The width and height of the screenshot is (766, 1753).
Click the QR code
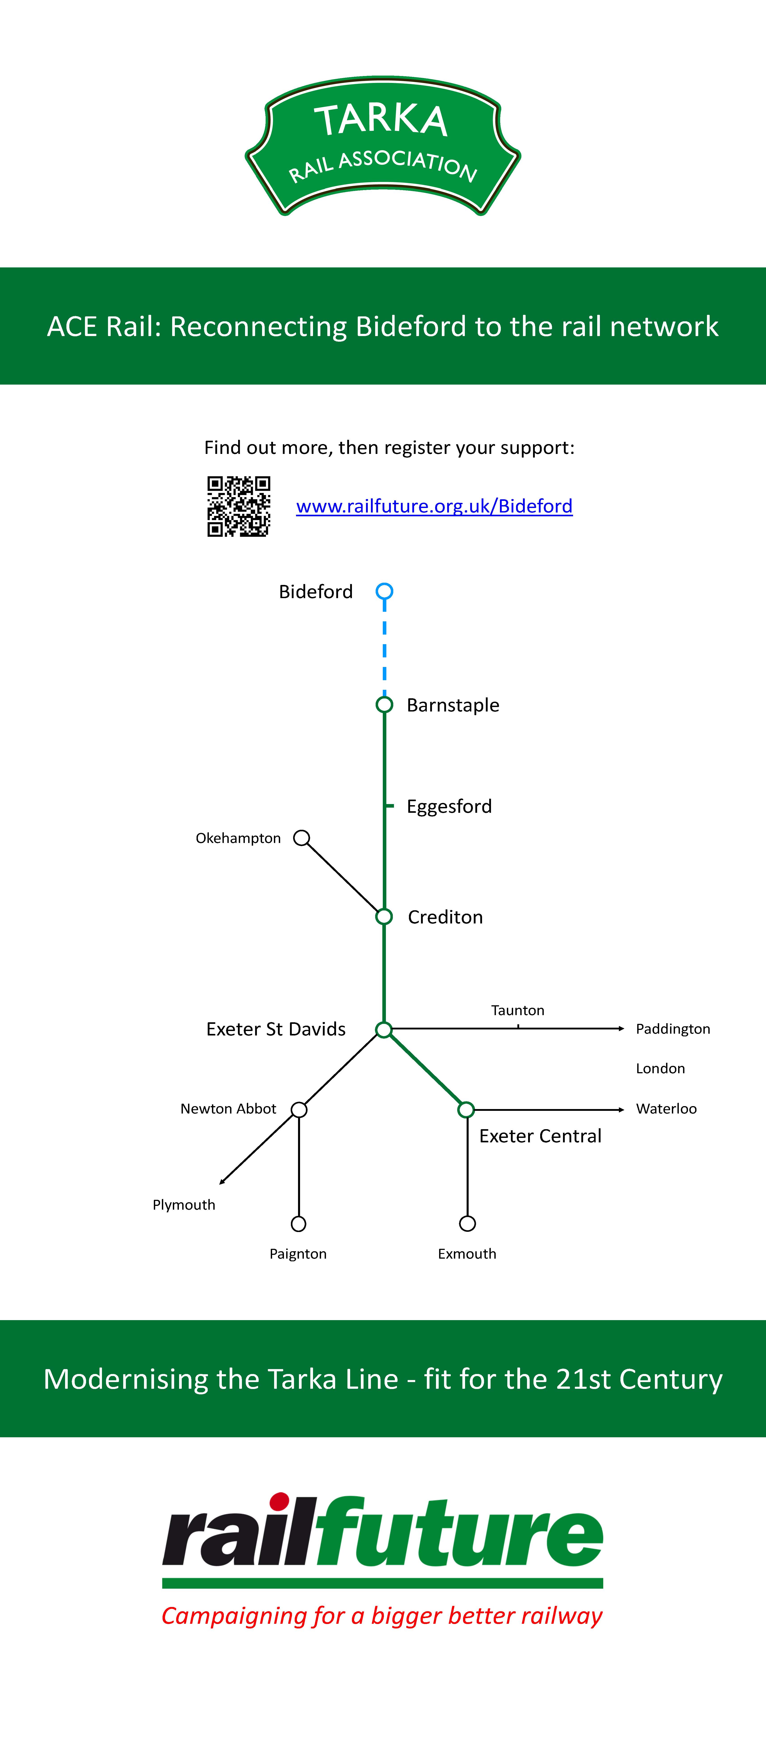point(239,506)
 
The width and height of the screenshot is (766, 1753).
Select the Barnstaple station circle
point(384,704)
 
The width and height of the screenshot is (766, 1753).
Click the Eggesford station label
point(449,807)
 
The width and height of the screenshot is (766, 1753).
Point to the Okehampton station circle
point(301,838)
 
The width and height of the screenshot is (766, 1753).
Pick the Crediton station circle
point(384,917)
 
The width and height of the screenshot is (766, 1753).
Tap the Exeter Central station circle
point(466,1110)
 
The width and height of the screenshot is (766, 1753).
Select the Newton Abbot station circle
point(299,1110)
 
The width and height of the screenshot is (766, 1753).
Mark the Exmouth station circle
point(467,1224)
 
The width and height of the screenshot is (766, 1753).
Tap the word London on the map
point(660,1068)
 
